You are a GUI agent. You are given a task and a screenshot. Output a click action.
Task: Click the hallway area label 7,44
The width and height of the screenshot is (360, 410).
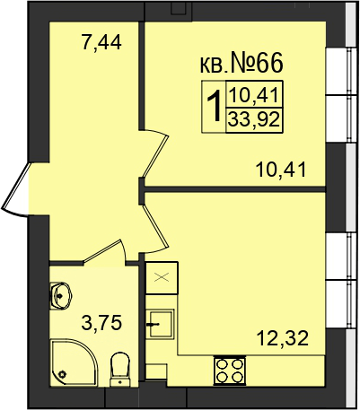coord(101,43)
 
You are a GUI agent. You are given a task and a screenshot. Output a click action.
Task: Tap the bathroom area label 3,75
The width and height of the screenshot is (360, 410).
coord(101,323)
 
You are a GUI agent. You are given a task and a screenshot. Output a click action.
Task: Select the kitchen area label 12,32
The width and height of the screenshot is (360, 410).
coord(283,338)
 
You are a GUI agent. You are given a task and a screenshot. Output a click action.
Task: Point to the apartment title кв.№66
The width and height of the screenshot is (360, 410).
coord(241,64)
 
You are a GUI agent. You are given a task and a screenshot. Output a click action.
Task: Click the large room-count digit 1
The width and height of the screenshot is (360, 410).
coord(215,107)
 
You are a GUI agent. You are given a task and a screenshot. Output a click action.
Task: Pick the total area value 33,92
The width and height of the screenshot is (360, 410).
coord(254,120)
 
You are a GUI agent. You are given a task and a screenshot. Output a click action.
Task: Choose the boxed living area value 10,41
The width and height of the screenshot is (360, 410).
coord(254,96)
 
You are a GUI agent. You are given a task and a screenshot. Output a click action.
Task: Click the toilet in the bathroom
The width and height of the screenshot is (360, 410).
coord(120,370)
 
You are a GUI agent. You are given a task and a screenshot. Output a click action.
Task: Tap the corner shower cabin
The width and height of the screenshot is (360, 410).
coord(74,362)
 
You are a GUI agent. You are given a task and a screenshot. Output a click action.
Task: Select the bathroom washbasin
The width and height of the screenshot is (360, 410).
coord(60,296)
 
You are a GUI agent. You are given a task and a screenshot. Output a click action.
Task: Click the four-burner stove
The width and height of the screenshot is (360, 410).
coord(229,371)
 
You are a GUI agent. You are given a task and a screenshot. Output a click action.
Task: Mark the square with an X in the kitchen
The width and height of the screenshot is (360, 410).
coord(162,278)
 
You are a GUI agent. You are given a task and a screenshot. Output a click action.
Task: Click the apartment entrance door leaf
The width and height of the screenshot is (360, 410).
coord(15,186)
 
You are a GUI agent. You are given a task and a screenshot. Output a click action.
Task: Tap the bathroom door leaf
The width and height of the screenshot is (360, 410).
coord(101,250)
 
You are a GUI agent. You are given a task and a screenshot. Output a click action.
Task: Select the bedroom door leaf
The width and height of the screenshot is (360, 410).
coord(156,154)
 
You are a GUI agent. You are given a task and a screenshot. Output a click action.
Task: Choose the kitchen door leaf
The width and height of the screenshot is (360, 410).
coord(154,226)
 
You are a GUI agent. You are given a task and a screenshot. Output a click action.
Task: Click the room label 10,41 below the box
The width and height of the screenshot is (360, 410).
coord(281,170)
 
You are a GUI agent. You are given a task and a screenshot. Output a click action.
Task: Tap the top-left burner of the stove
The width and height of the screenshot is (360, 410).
coord(222,364)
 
